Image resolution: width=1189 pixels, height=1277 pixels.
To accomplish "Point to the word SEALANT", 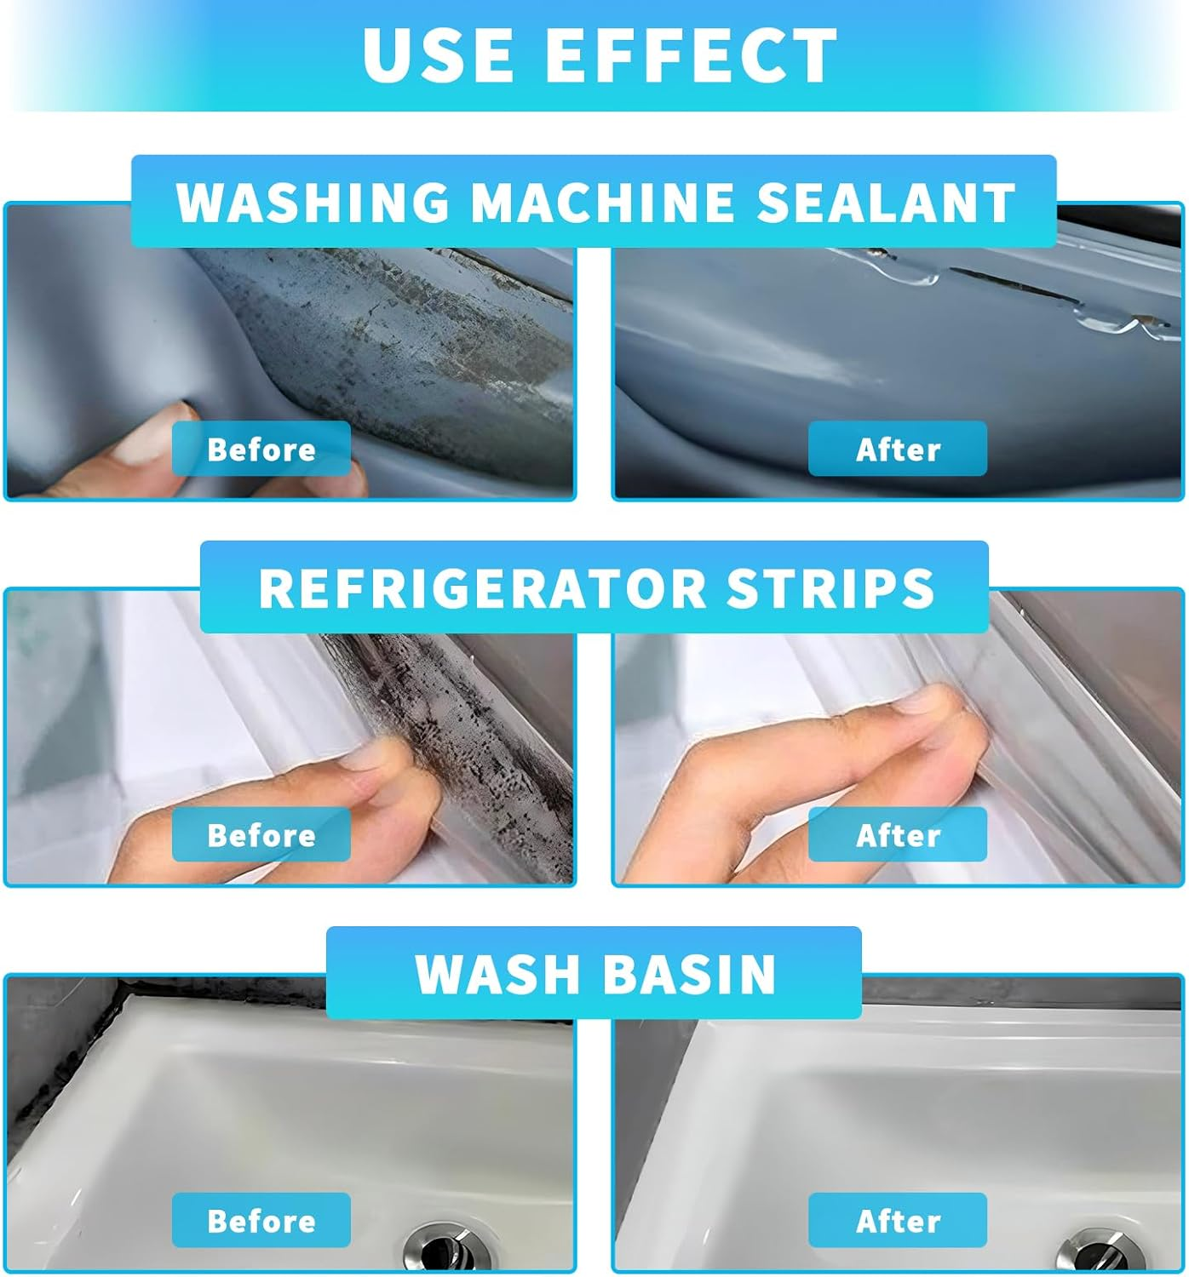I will [886, 203].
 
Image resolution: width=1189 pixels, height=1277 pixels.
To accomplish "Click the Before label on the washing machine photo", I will [261, 449].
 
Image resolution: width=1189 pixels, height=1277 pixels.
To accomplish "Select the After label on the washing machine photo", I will [898, 449].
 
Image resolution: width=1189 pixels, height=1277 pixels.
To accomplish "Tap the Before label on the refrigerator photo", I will [261, 835].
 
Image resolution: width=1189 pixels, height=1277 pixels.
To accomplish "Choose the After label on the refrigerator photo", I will [898, 835].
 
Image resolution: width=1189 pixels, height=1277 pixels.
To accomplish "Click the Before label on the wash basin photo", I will [261, 1221].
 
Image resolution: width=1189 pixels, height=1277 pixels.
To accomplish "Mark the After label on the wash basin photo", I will [898, 1221].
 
